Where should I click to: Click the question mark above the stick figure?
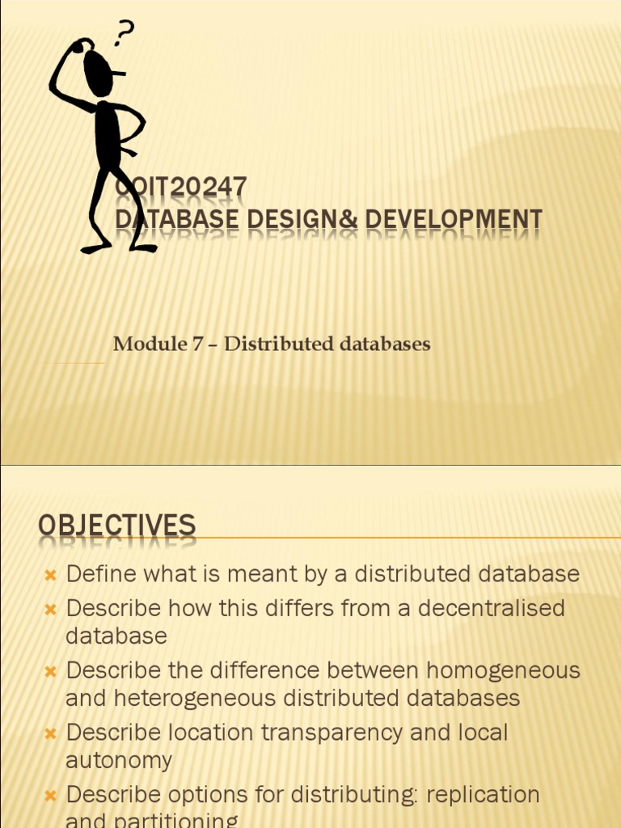(124, 35)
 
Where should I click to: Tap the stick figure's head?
(99, 74)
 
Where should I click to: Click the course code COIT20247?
(181, 188)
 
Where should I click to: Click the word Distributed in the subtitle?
(274, 344)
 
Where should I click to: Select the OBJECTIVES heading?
(116, 526)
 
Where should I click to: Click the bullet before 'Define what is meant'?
(50, 576)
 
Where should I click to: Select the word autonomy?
(119, 760)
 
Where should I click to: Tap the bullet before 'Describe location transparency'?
(50, 734)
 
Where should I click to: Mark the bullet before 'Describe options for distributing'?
(50, 796)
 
